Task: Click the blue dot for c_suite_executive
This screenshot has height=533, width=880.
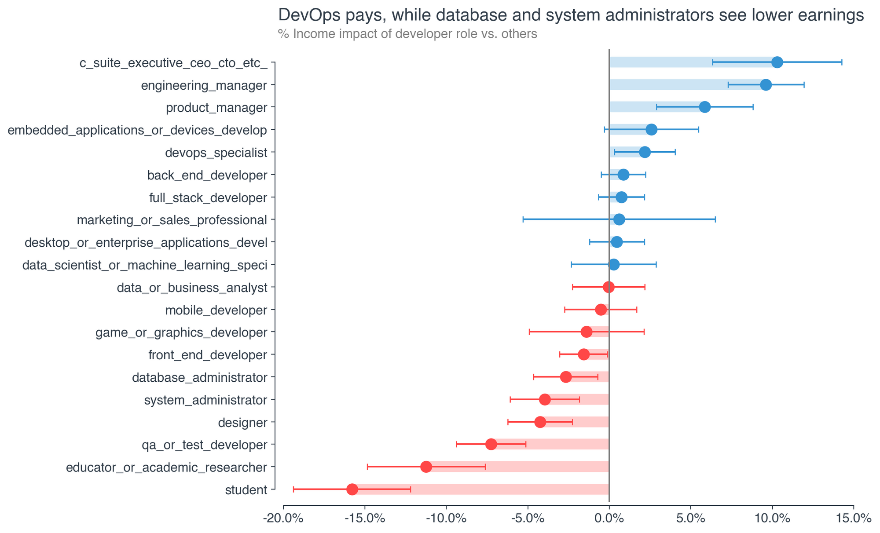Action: point(777,62)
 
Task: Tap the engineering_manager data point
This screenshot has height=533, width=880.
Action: point(766,85)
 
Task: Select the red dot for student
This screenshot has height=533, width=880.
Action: point(352,489)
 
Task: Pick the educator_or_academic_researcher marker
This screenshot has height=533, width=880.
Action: point(426,467)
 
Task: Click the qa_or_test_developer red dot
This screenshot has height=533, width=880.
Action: point(491,444)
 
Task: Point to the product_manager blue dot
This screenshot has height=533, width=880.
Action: point(705,107)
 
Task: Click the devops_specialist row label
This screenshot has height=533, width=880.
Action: point(216,153)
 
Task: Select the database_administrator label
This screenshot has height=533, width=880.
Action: point(200,377)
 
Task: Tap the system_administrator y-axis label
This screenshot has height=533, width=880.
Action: point(205,400)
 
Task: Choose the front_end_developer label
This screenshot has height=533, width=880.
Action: point(208,355)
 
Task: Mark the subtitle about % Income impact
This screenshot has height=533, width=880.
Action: point(407,34)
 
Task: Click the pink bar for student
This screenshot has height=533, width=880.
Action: point(484,489)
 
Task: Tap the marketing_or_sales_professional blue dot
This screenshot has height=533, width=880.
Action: point(619,219)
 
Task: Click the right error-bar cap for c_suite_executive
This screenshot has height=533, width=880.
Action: point(842,62)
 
